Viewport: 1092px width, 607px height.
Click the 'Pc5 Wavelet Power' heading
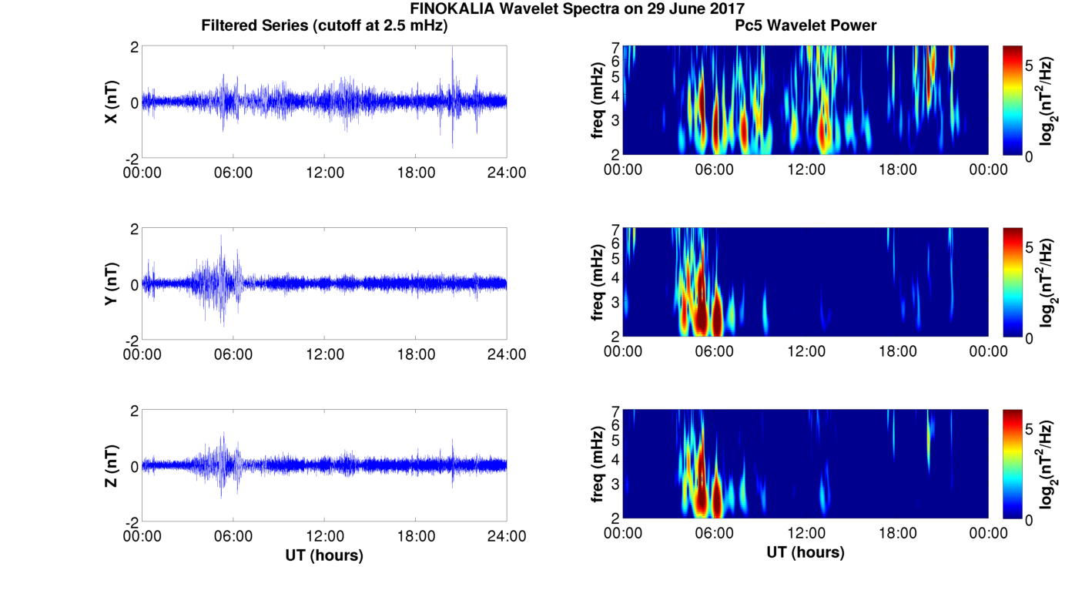pos(806,26)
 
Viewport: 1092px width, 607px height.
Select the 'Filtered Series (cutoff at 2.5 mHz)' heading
pos(324,26)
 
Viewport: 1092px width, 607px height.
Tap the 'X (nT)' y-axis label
pos(112,102)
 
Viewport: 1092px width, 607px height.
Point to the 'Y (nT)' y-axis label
pos(112,284)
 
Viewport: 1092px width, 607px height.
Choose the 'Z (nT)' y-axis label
pos(112,466)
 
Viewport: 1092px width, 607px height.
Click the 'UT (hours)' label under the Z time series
pos(324,555)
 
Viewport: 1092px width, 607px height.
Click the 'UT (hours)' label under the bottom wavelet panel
pos(806,552)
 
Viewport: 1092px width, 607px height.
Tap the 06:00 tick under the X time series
pos(233,173)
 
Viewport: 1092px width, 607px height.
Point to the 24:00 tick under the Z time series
pos(507,536)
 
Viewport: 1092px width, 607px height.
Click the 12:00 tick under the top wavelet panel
pos(806,169)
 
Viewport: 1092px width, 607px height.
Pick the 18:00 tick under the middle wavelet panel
pos(898,351)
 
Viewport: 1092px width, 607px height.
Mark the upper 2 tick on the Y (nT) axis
pos(134,230)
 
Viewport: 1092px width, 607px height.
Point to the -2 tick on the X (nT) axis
pos(132,158)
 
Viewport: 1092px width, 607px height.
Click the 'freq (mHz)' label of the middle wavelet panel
pos(597,282)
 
